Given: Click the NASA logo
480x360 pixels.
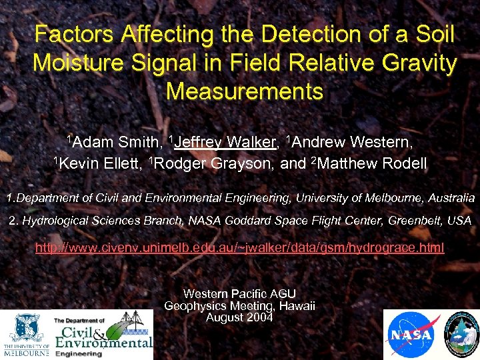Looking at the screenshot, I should tap(411, 335).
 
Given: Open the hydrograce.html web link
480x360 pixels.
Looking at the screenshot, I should tap(239, 248).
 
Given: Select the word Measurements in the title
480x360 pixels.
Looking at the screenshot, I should tap(244, 91).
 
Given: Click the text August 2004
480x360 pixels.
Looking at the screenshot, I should tap(239, 317).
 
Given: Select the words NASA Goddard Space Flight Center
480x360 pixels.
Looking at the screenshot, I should tap(281, 220).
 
